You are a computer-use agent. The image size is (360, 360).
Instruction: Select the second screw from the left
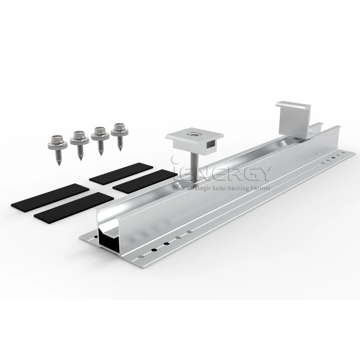(79, 143)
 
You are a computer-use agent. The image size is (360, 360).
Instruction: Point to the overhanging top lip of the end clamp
(293, 106)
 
